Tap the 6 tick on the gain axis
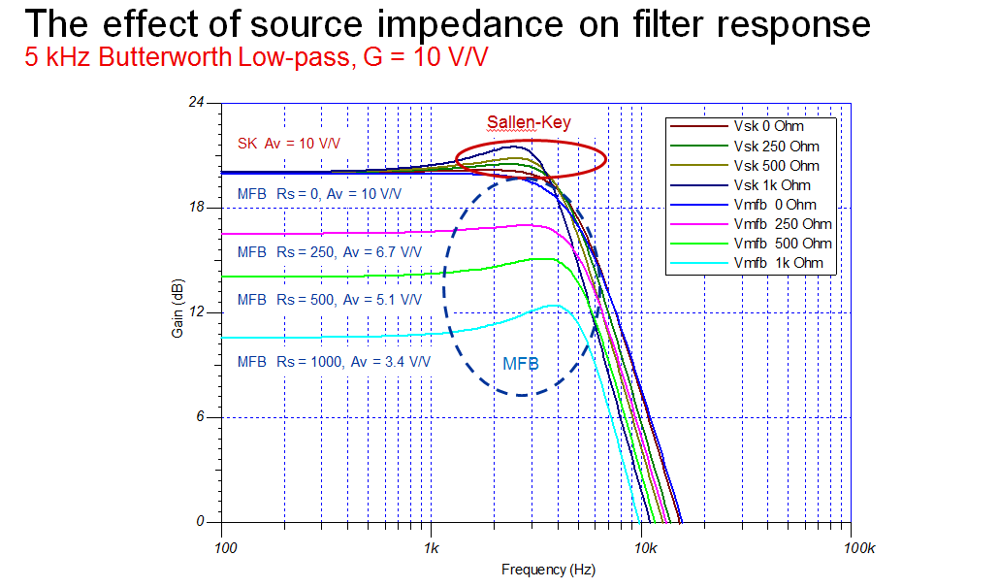(x=203, y=417)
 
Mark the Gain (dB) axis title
(x=177, y=310)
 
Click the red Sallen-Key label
(x=529, y=122)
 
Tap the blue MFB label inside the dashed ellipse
(x=520, y=364)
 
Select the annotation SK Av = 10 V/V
(x=290, y=144)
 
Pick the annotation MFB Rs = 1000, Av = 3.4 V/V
(x=334, y=361)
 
